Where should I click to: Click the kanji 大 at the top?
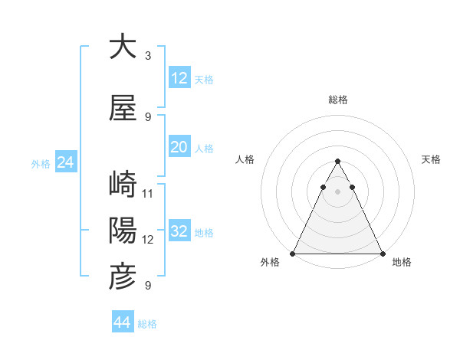(x=123, y=47)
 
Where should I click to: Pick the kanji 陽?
(x=123, y=230)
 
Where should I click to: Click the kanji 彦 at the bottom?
(x=123, y=277)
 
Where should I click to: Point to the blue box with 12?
(x=179, y=77)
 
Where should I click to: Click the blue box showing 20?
(x=179, y=147)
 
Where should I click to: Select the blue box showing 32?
(x=179, y=231)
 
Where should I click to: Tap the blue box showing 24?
(x=64, y=162)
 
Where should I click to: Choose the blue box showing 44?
(x=123, y=322)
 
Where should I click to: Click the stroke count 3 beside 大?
(x=148, y=56)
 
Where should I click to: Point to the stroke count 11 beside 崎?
(x=148, y=193)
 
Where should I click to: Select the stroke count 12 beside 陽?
(x=148, y=239)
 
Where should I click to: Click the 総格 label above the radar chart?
(x=338, y=100)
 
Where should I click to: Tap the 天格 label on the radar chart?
(x=432, y=159)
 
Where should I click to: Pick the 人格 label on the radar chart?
(x=245, y=159)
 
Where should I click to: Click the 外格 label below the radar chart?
(x=269, y=262)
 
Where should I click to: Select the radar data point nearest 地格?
(x=382, y=253)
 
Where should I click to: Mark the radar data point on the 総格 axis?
(x=338, y=162)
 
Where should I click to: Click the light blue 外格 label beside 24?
(x=41, y=163)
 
